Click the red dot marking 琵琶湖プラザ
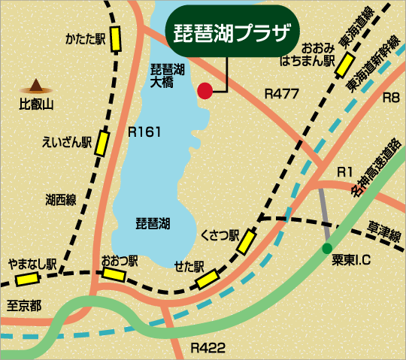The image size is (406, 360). coord(205,92)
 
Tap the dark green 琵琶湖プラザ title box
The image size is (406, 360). coord(231,32)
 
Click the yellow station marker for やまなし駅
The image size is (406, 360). coord(28,279)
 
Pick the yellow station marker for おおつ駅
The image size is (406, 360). coord(114,274)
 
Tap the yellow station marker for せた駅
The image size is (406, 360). coord(207,280)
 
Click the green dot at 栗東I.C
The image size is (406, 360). coord(326,248)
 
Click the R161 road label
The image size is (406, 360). coord(145,132)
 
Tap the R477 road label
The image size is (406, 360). coord(283,94)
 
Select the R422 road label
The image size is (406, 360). coord(208,348)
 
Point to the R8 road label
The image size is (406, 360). coord(391,98)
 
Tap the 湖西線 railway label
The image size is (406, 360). coord(61,199)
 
